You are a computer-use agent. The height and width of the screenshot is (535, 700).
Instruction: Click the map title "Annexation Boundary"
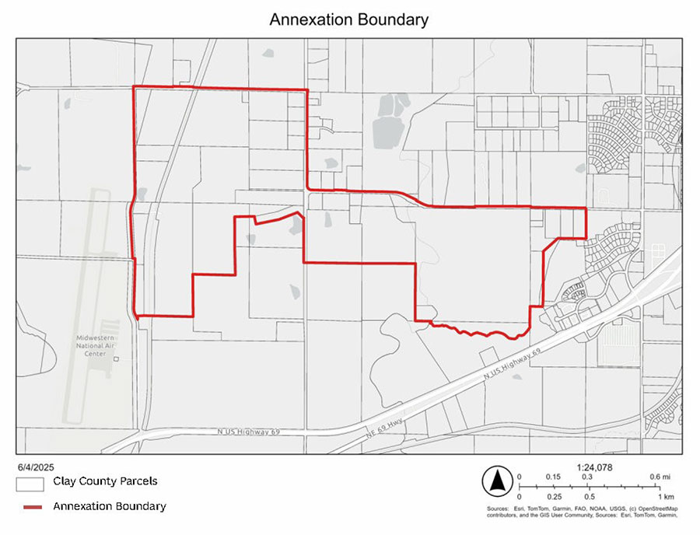[348, 19]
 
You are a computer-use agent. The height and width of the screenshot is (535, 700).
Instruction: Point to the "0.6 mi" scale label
[658, 477]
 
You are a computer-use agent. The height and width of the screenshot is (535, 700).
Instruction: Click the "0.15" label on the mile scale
[554, 477]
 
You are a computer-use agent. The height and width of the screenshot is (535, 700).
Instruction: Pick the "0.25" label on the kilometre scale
[554, 496]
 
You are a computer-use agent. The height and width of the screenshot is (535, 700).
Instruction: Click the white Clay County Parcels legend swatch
[30, 483]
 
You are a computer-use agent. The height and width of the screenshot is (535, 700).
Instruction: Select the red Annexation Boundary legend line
[30, 506]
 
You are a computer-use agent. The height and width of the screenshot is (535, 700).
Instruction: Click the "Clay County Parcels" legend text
[105, 481]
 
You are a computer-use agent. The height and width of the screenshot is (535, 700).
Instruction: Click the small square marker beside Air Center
[116, 359]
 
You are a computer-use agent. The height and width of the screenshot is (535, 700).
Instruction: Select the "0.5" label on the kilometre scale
[590, 496]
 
